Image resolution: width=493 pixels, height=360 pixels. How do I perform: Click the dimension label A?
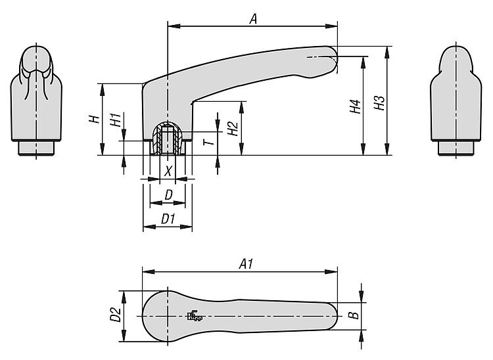tap(252, 19)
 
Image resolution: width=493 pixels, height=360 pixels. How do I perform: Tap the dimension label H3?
tap(379, 103)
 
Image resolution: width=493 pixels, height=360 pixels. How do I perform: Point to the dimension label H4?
tap(355, 106)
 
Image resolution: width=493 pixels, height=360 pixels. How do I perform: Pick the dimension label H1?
tap(116, 120)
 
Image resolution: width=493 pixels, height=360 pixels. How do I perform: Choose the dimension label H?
tap(94, 119)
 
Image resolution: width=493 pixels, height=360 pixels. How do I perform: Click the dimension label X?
tap(168, 171)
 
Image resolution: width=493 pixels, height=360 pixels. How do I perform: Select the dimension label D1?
tap(168, 219)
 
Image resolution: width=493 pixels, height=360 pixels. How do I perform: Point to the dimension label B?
tap(353, 316)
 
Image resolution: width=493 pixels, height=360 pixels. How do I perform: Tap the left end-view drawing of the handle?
tap(36, 99)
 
